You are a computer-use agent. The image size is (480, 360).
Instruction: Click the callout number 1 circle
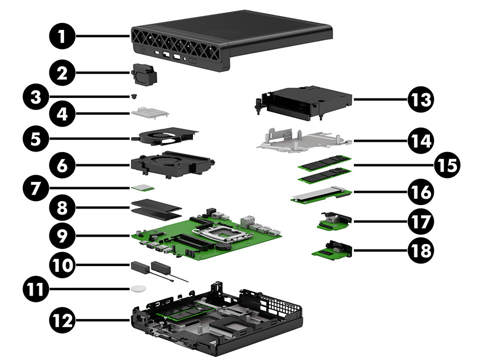click(61, 36)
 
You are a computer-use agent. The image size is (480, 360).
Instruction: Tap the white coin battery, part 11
click(138, 288)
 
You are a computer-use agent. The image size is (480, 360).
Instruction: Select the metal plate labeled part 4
click(149, 112)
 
